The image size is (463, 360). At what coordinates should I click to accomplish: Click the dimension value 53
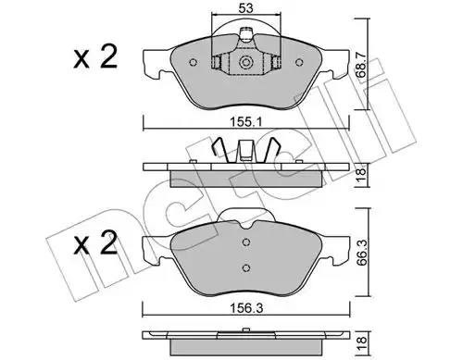point(245,7)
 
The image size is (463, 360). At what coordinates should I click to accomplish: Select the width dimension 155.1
point(246,122)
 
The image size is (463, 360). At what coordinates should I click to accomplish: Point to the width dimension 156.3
point(246,308)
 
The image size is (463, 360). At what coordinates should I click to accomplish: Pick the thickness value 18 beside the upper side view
point(361,175)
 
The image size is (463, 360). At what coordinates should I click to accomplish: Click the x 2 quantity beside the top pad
point(95,56)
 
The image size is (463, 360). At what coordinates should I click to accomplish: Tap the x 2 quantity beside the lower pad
point(95,243)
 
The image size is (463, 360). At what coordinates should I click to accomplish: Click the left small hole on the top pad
point(193,63)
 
